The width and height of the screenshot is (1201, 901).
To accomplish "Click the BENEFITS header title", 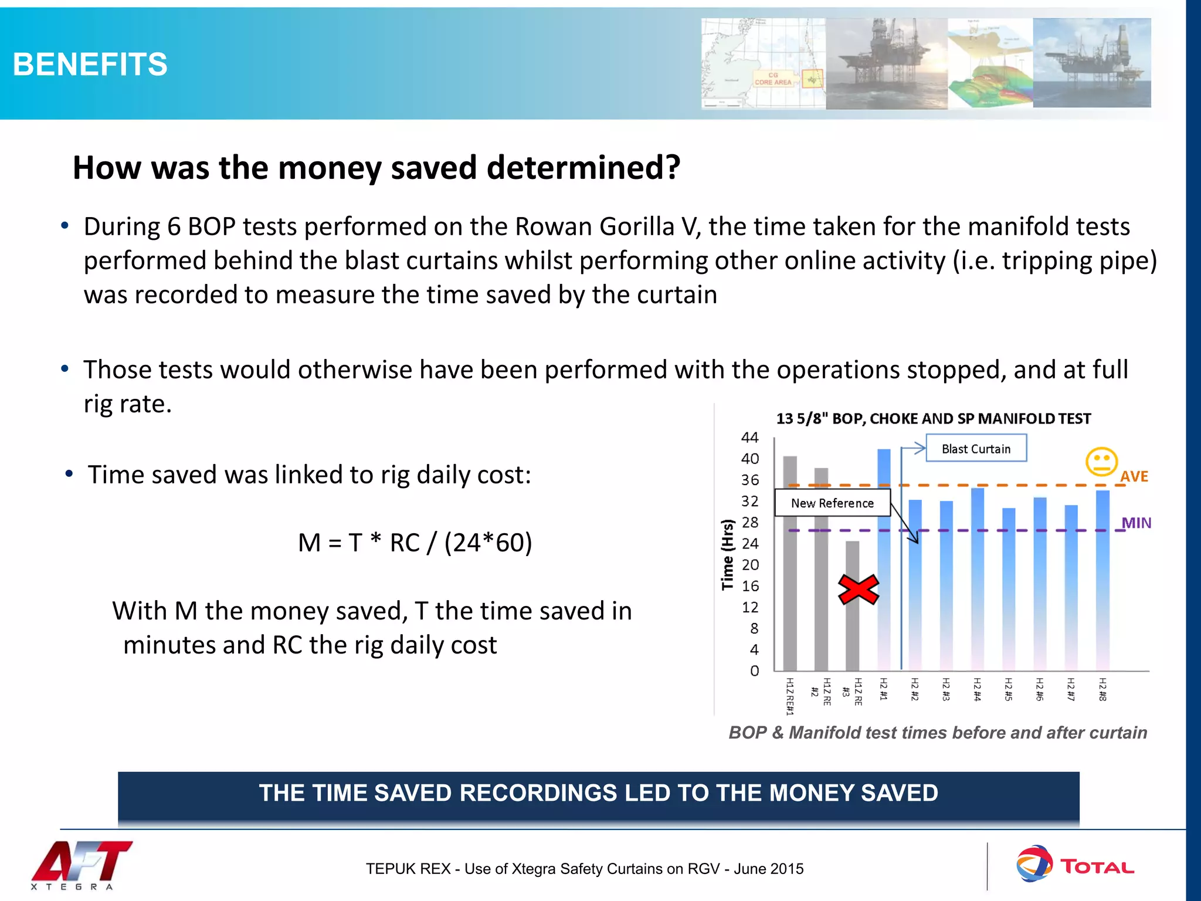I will [x=90, y=64].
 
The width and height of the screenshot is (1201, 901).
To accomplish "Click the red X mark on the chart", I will [x=859, y=590].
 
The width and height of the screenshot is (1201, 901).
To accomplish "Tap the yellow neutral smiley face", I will [x=1101, y=462].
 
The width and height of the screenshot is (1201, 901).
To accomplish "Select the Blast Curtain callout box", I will [x=976, y=448].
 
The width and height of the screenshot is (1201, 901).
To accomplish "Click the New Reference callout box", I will [x=832, y=503].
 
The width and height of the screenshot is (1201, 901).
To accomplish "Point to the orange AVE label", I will [x=1134, y=476].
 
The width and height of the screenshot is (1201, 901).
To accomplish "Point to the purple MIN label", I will [x=1136, y=523].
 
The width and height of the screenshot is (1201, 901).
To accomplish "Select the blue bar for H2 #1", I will [x=884, y=557].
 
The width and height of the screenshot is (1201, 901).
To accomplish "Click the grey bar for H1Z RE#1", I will [x=790, y=563].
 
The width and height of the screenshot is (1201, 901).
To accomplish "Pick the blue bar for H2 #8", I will [x=1102, y=581].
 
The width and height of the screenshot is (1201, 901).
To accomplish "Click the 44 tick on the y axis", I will [x=749, y=438].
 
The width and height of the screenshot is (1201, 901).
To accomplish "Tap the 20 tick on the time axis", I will [x=750, y=565].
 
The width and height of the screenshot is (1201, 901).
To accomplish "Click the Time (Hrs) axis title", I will [x=728, y=554].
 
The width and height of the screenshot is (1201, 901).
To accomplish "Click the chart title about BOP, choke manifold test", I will [x=933, y=419].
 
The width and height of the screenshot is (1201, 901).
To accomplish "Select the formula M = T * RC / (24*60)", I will [x=415, y=543].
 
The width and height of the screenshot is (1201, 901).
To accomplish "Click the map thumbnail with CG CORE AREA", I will [x=763, y=63].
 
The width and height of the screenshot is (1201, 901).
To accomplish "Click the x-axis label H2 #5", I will [x=1009, y=689].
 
